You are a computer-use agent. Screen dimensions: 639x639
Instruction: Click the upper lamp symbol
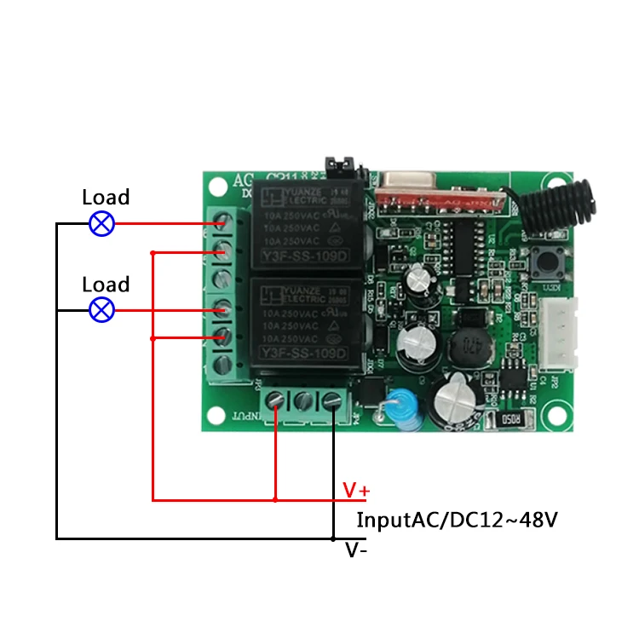pos(102,224)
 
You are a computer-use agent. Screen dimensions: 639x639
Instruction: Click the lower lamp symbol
pos(102,309)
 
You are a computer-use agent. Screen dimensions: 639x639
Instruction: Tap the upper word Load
pos(106,198)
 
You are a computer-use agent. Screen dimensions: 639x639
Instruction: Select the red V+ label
pos(356,490)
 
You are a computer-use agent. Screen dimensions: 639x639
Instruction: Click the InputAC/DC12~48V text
pos(457,520)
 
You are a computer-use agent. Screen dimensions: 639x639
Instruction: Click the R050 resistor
pos(509,419)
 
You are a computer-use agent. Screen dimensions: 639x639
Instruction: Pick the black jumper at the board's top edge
pos(338,167)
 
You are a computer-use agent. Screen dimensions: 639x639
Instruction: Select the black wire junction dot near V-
pos(332,538)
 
